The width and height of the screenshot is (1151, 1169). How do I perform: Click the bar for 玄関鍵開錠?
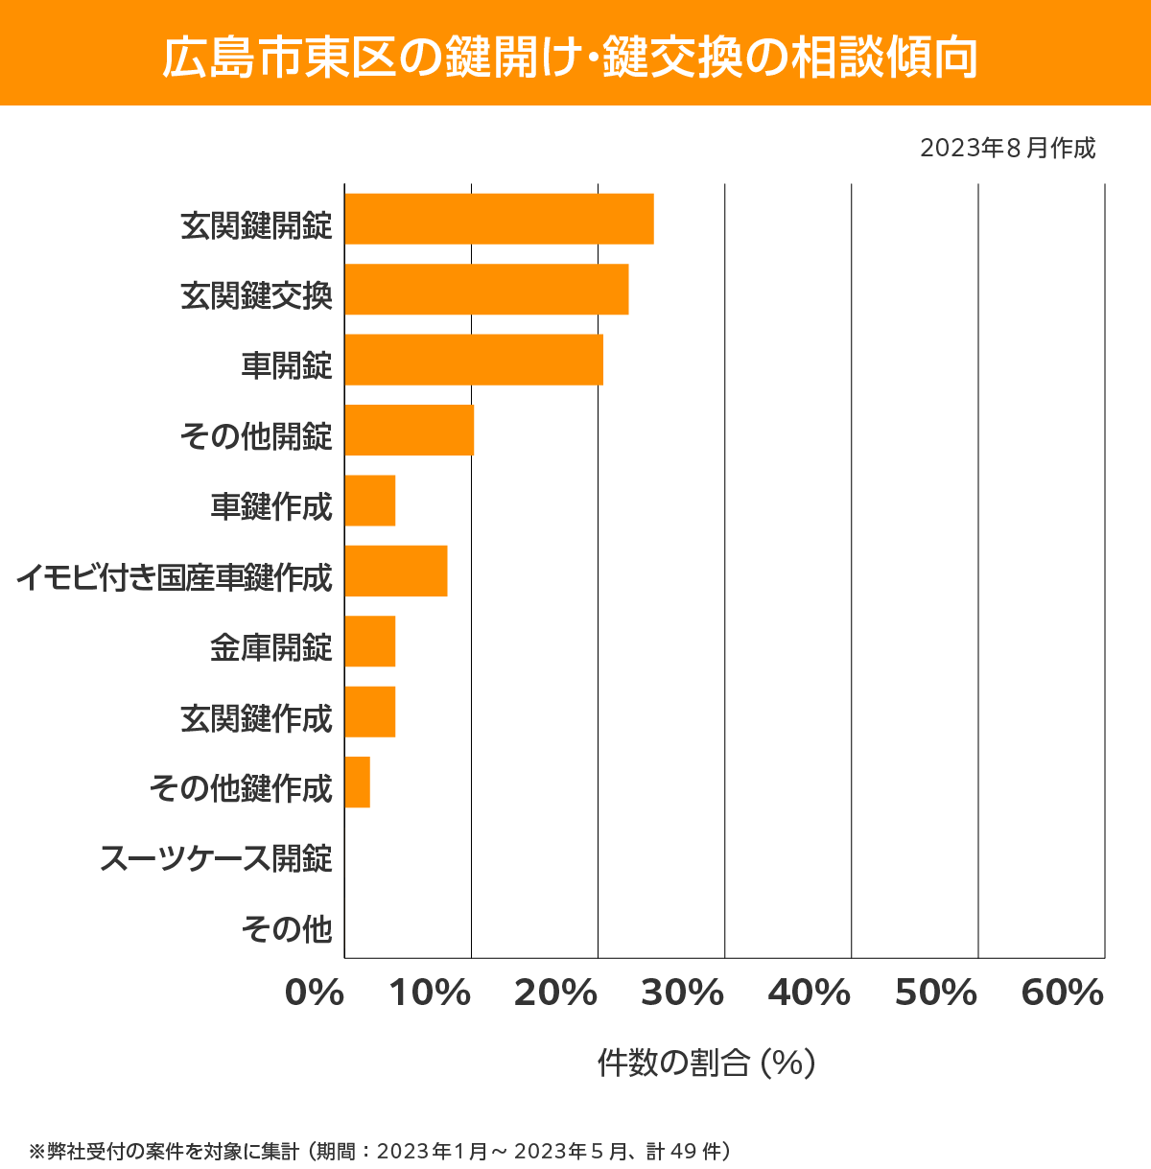(x=499, y=219)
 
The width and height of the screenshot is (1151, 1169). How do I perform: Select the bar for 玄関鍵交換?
(x=486, y=289)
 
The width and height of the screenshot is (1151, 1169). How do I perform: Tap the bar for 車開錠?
(x=474, y=360)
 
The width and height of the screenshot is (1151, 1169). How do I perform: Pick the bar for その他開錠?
(x=409, y=430)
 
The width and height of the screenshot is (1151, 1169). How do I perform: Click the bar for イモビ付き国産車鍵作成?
(x=395, y=571)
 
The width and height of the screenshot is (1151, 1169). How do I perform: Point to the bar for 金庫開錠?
(x=369, y=641)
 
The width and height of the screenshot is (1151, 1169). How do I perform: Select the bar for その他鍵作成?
(x=357, y=782)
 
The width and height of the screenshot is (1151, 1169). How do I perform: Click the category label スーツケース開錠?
(x=216, y=857)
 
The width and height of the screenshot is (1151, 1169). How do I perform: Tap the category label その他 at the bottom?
(x=287, y=928)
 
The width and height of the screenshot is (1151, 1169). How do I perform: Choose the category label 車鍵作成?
(x=271, y=506)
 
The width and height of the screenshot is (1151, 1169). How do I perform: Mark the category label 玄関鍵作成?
(x=256, y=717)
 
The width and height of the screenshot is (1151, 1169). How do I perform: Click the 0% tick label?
(x=315, y=994)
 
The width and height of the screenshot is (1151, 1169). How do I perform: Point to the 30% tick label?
(x=682, y=994)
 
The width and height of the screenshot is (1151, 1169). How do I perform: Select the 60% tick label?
(x=1063, y=994)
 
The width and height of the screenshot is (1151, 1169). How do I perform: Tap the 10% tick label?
(x=430, y=994)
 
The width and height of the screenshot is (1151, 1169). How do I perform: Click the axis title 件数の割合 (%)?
(x=706, y=1063)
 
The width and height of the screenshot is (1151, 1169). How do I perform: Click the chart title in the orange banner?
(x=570, y=58)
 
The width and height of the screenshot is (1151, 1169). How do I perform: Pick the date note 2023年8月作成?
(x=1007, y=149)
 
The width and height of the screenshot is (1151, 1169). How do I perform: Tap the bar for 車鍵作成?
(x=369, y=501)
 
